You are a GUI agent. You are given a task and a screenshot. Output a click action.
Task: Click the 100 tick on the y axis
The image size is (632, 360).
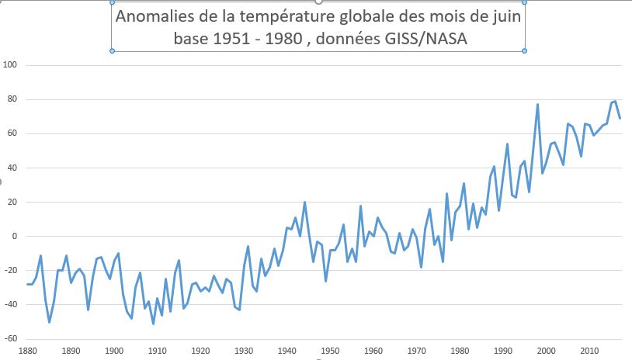point(10,65)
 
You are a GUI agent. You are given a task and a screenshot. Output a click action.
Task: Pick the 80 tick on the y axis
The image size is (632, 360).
point(12,99)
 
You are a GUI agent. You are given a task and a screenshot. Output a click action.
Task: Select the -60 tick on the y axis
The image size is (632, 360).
point(10,339)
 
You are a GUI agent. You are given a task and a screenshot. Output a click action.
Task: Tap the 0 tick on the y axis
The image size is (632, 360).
point(15,237)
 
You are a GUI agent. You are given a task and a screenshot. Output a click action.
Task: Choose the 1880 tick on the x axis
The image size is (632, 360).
point(28,352)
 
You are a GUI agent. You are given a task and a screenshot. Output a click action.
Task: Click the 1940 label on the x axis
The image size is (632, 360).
point(286,352)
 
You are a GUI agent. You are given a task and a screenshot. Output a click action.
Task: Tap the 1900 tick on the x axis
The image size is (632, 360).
point(114,352)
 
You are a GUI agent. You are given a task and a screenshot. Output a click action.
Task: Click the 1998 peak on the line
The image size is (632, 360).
point(537,105)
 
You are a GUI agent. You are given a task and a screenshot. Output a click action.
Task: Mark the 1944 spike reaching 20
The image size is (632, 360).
point(304,202)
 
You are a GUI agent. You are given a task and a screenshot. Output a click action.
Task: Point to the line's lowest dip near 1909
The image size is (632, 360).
point(153,324)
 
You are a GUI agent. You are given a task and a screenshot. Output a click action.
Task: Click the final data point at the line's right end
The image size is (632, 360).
point(620,118)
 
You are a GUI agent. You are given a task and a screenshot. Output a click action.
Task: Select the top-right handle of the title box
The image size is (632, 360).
point(525,2)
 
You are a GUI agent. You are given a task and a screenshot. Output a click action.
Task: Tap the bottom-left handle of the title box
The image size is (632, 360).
point(113,51)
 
